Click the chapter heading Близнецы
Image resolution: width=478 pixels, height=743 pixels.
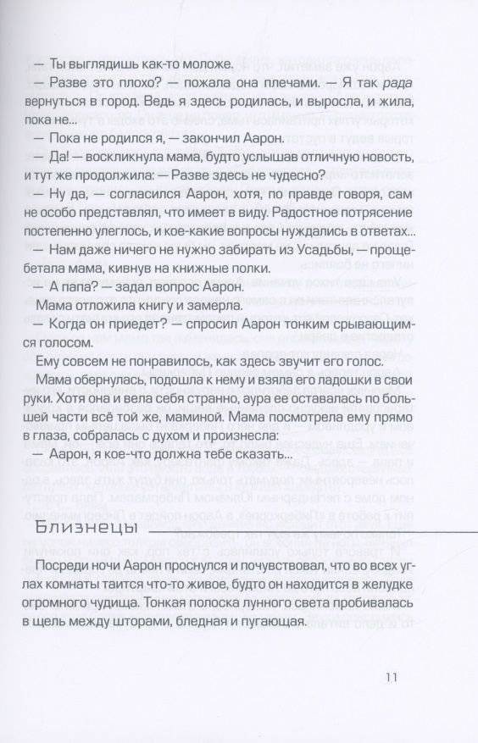81,530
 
